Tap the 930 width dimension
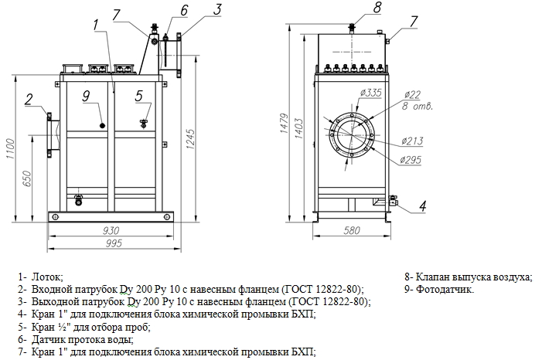click(110, 231)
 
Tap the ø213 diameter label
click(411, 141)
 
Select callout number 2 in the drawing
click(29, 98)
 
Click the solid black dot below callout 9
click(101, 126)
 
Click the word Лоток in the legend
click(47, 276)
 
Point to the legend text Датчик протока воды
click(82, 339)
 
